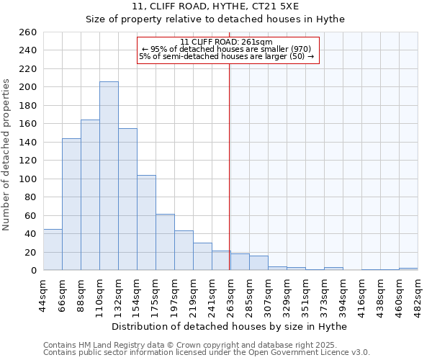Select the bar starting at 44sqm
point(53,250)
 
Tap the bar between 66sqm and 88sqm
point(71,204)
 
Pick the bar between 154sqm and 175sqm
point(146,222)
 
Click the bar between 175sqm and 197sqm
point(165,242)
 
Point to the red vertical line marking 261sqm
point(229,166)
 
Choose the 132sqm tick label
point(118,294)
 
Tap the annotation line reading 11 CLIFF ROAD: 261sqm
point(226,42)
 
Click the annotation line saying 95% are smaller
point(226,49)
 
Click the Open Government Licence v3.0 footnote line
point(207,352)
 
